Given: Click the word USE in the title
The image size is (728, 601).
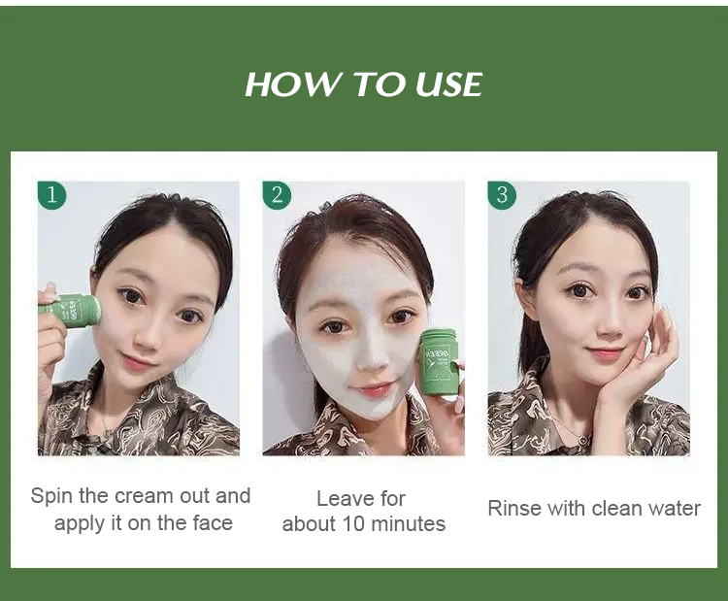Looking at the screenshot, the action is pyautogui.click(x=448, y=84).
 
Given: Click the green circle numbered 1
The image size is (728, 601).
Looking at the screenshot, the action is pyautogui.click(x=52, y=195).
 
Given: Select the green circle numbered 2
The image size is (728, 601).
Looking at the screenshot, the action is pyautogui.click(x=278, y=195).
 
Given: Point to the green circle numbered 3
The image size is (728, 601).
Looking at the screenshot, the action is pyautogui.click(x=503, y=195).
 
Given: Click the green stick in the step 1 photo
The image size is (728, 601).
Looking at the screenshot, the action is pyautogui.click(x=71, y=309).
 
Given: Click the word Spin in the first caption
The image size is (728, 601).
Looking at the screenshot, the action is pyautogui.click(x=52, y=497).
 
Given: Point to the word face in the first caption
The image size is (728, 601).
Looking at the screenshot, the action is pyautogui.click(x=213, y=523).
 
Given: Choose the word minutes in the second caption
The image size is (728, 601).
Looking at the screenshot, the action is pyautogui.click(x=409, y=524).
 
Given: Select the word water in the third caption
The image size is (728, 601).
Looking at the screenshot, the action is pyautogui.click(x=675, y=508).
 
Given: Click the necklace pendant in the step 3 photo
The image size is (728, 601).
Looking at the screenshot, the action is pyautogui.click(x=583, y=438).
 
